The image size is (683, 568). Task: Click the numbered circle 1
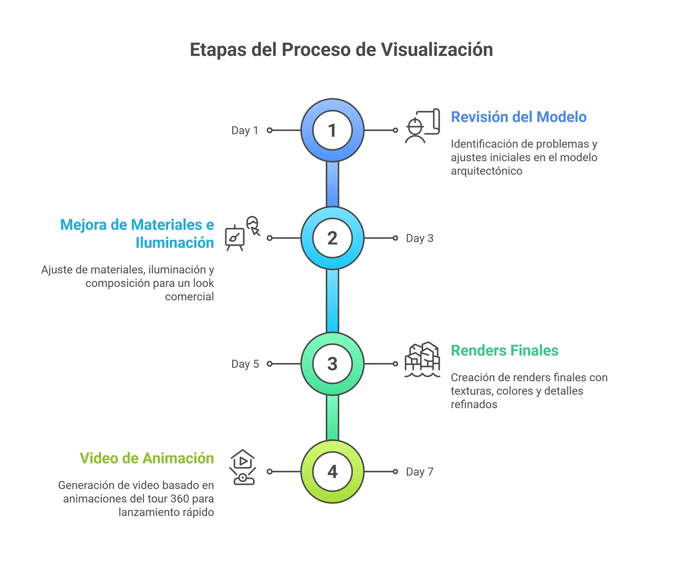pos(332,130)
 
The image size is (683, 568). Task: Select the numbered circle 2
pos(332,238)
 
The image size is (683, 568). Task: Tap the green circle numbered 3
pos(332,364)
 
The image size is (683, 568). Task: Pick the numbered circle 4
pos(332,471)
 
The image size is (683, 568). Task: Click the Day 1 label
pos(245,130)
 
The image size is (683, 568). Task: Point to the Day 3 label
pos(420,238)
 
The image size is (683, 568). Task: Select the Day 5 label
pos(245,364)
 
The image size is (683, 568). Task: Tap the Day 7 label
pos(420,472)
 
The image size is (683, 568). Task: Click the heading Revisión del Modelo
pos(519,117)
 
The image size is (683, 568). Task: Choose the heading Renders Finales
pos(504,350)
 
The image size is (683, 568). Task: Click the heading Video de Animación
pos(147,458)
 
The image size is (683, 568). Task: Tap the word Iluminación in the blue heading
pos(175,242)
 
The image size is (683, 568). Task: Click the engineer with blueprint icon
pos(422,126)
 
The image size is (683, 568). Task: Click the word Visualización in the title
pos(437,50)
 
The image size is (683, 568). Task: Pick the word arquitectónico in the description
pos(487,171)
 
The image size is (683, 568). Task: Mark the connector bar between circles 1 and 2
pos(332,184)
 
